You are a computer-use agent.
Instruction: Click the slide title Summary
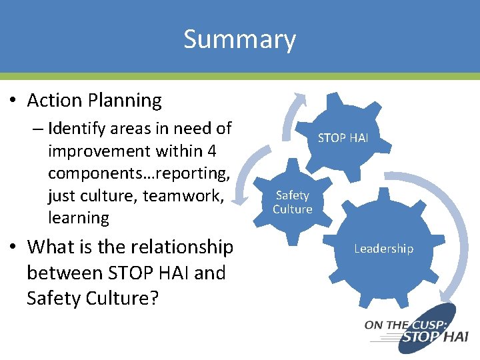tap(239, 39)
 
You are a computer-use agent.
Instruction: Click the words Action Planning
tap(94, 101)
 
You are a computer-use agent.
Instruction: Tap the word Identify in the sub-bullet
tap(76, 128)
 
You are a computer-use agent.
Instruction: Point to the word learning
tap(78, 217)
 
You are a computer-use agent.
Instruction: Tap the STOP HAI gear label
tap(343, 138)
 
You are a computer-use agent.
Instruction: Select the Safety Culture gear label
tap(292, 202)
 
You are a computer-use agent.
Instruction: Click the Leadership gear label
tap(383, 249)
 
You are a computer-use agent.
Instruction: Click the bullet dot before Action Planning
tap(13, 101)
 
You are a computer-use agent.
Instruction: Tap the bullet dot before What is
tap(13, 247)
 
